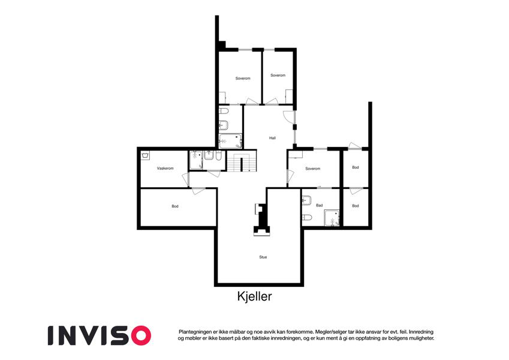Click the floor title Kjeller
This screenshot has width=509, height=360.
tap(254, 296)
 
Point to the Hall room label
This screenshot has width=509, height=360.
tap(272, 138)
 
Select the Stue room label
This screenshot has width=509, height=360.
tap(263, 257)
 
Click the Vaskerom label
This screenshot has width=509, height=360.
tap(165, 169)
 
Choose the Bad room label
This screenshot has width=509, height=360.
tap(320, 205)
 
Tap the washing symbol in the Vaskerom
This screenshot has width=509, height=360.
tap(146, 155)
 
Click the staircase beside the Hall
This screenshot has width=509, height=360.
tap(242, 161)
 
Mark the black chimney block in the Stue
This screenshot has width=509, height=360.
tap(261, 220)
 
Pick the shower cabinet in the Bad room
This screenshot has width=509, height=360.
tap(332, 218)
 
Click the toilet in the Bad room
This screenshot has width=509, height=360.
tap(307, 217)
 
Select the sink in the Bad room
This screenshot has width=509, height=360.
tap(307, 200)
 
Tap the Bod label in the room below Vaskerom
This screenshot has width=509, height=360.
tap(175, 206)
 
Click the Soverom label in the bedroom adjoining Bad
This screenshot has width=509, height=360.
tap(312, 169)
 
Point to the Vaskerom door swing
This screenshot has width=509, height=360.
tap(185, 179)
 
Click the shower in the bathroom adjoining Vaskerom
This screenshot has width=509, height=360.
tap(196, 160)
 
